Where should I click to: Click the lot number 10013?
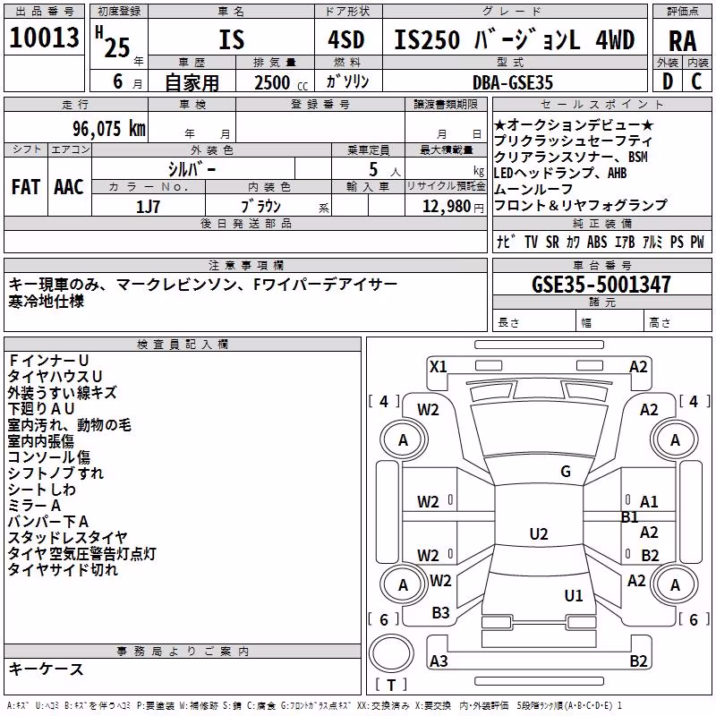point(44,37)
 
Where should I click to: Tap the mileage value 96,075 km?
point(109,129)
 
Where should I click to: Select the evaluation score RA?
point(682,41)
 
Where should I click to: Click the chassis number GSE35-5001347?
point(601,285)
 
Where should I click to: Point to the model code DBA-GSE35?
point(513,82)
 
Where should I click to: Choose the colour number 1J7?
point(148,207)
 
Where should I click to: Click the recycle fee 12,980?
point(446,207)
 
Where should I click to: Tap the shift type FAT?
point(26,187)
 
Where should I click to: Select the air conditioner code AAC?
point(69,187)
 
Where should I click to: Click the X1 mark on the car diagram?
point(439,367)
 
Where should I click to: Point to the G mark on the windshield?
point(566,471)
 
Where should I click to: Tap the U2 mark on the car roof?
point(539,533)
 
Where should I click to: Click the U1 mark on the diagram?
point(574,595)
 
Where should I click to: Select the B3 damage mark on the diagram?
point(440,613)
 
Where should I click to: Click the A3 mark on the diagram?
point(439,661)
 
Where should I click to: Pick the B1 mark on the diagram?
point(630,517)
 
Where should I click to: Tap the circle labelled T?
point(391,653)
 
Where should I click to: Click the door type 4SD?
point(346,40)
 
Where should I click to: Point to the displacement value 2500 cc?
point(281,82)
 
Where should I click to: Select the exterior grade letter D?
point(668,81)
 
